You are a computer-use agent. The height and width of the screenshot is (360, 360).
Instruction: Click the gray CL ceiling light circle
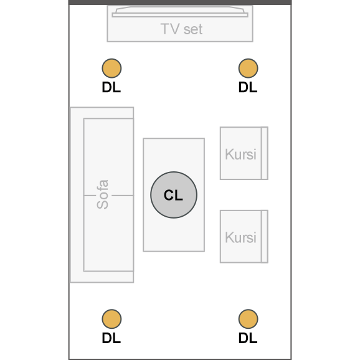click(x=174, y=195)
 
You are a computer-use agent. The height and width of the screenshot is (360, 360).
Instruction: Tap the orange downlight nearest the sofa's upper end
click(x=111, y=68)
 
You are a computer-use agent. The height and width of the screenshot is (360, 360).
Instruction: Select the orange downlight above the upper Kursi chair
click(x=248, y=68)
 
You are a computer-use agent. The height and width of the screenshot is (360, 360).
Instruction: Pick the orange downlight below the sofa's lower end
click(x=111, y=319)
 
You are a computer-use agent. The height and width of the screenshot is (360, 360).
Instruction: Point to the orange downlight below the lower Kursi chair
click(x=248, y=319)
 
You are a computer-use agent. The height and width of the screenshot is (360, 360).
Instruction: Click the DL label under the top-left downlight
click(x=111, y=87)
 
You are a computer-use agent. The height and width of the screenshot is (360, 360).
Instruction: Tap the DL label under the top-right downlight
click(x=248, y=87)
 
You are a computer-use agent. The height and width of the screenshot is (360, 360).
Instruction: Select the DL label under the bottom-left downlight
click(x=111, y=338)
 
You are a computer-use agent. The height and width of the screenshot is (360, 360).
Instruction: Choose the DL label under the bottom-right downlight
click(x=248, y=338)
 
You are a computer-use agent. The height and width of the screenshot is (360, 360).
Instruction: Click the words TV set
click(x=181, y=29)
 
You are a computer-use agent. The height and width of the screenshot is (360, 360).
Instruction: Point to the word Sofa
click(x=102, y=194)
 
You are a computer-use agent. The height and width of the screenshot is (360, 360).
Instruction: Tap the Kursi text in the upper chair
click(x=240, y=154)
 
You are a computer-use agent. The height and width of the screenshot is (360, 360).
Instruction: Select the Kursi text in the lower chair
click(x=240, y=237)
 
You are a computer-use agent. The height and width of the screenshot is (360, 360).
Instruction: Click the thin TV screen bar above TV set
click(x=180, y=15)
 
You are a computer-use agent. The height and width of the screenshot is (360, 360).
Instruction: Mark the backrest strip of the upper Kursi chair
click(x=265, y=153)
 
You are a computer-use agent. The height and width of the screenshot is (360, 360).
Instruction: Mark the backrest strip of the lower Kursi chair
click(x=265, y=237)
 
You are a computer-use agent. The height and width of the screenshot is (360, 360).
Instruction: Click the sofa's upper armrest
click(x=102, y=113)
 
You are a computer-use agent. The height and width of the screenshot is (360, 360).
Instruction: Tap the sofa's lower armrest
click(x=102, y=277)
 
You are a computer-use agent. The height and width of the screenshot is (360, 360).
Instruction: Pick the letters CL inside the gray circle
click(x=173, y=195)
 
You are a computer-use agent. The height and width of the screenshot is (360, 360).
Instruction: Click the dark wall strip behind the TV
click(x=180, y=2)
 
